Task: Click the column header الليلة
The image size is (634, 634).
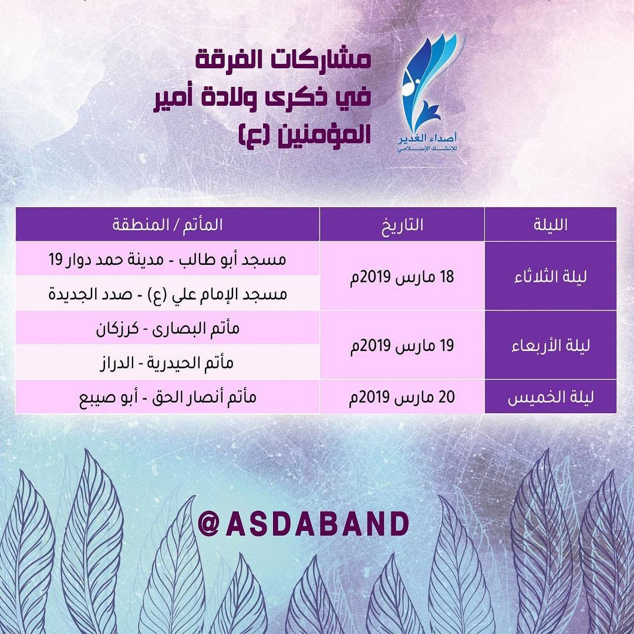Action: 550,224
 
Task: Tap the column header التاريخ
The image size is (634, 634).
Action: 402,225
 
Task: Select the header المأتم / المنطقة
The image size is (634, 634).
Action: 167,224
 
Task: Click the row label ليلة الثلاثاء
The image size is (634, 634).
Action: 550,276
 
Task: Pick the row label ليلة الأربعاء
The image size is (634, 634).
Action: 550,346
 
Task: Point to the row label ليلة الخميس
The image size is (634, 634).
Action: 550,397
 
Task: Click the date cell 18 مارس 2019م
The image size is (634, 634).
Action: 402,277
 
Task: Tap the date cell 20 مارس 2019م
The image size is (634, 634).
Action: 402,397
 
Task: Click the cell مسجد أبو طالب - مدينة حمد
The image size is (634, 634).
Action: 167,259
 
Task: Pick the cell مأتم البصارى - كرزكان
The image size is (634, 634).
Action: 167,328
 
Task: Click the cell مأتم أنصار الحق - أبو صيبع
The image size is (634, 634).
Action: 167,397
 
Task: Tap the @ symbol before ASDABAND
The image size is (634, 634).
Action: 209,524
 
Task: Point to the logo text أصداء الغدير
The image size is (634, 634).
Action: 428,139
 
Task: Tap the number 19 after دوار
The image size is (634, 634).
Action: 55,259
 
